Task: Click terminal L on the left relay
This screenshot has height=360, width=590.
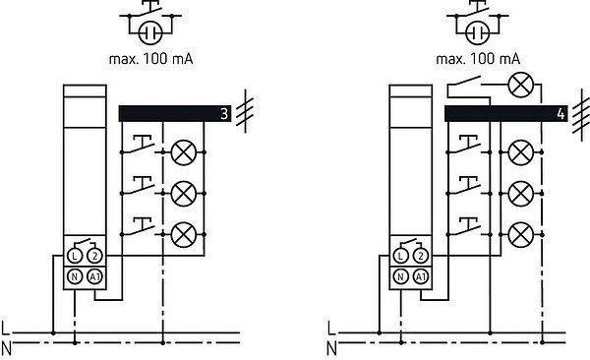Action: tap(75, 256)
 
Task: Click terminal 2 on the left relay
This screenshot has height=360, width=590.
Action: tap(94, 256)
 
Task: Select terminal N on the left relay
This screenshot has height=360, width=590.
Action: tap(75, 277)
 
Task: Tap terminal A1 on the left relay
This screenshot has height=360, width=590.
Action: tap(94, 277)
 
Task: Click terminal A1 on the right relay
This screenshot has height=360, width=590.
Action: tap(420, 277)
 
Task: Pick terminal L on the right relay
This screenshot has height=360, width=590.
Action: tap(400, 256)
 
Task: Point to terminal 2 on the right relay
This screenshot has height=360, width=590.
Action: tap(420, 256)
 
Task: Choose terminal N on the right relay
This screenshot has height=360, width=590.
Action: tap(400, 277)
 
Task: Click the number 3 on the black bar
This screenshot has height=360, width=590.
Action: tap(224, 114)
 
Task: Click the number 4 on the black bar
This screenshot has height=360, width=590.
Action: tap(560, 114)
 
